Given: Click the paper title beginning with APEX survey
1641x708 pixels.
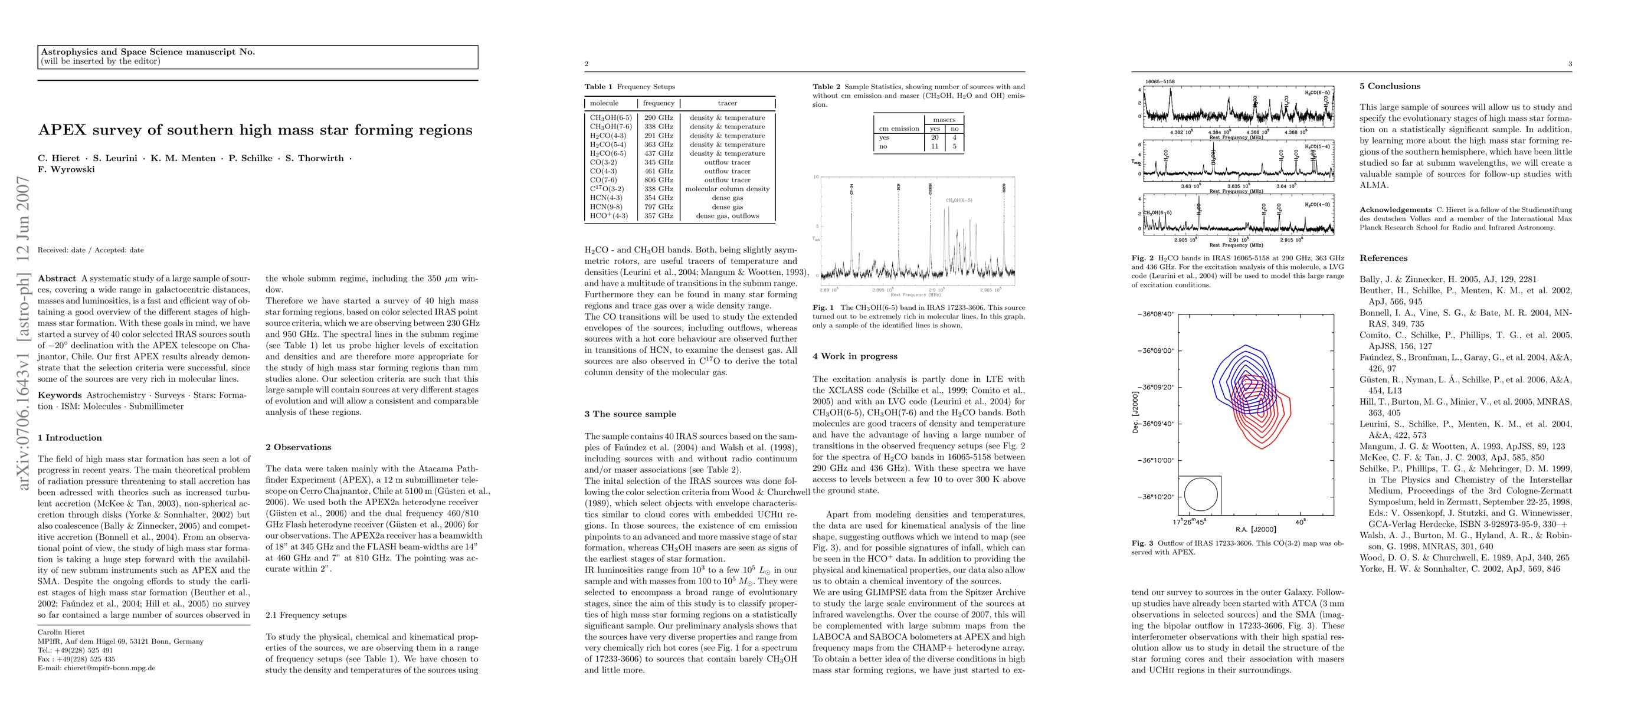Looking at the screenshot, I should [255, 130].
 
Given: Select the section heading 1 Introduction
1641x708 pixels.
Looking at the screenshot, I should [70, 438].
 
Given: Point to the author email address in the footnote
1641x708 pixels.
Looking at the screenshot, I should [96, 668].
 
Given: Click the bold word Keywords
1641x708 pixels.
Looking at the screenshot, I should [60, 395].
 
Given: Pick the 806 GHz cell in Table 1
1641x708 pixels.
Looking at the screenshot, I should [658, 180].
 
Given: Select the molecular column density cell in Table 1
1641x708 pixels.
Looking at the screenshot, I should [727, 189].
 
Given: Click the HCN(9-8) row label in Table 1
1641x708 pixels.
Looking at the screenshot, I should [606, 207].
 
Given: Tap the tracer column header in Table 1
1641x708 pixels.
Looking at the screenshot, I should [727, 103].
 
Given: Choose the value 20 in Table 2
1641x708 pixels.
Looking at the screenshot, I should [935, 137].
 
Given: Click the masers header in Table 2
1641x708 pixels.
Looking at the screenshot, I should [944, 120].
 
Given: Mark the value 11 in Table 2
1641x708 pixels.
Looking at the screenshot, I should [935, 146].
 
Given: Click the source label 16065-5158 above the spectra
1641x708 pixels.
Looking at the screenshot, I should [1159, 81].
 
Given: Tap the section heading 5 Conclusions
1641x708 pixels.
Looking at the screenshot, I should [1390, 87].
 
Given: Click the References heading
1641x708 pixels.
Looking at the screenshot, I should [1383, 258].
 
